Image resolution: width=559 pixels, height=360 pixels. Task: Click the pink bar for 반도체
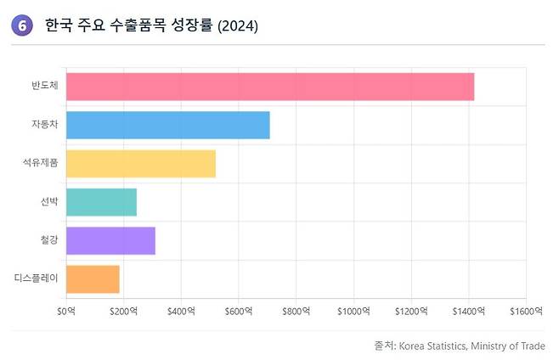pyautogui.click(x=269, y=87)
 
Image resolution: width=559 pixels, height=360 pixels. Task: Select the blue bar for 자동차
pyautogui.click(x=167, y=125)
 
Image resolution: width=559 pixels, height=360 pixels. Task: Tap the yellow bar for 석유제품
pyautogui.click(x=140, y=163)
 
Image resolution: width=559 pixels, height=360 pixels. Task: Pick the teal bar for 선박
pyautogui.click(x=101, y=202)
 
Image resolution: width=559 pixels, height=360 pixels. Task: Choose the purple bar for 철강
pyautogui.click(x=110, y=240)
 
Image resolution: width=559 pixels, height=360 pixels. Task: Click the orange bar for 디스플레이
pyautogui.click(x=93, y=278)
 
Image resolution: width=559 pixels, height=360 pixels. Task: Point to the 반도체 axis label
pyautogui.click(x=44, y=87)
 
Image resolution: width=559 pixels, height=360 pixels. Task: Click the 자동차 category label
pyautogui.click(x=44, y=125)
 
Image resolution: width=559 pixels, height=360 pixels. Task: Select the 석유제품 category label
pyautogui.click(x=40, y=163)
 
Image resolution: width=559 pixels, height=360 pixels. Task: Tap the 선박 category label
pyautogui.click(x=48, y=202)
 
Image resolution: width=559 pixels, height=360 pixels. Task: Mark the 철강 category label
pyautogui.click(x=48, y=240)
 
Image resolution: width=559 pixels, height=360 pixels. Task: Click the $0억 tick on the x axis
pyautogui.click(x=66, y=311)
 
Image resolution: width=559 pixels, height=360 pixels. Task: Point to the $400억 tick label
pyautogui.click(x=181, y=311)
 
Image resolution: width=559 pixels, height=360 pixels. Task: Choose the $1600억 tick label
pyautogui.click(x=526, y=311)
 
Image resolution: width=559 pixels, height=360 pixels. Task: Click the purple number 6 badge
pyautogui.click(x=22, y=26)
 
